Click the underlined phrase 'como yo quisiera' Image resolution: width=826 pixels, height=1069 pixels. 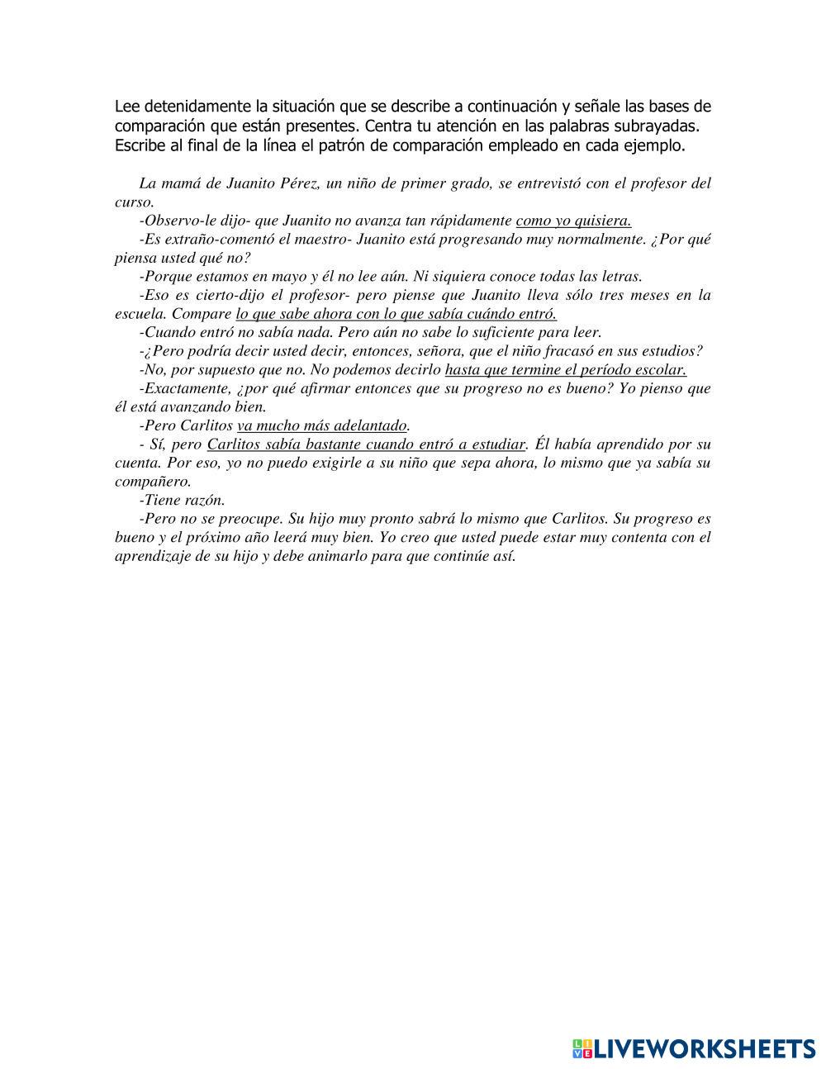click(x=573, y=221)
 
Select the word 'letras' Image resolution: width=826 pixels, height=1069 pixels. click(x=619, y=277)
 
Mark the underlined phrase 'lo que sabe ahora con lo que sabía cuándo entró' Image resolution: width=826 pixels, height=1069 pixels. click(x=396, y=314)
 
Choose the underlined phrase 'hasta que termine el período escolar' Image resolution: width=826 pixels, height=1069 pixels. click(x=565, y=370)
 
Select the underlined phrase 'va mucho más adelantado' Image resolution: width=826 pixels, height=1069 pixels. click(x=322, y=426)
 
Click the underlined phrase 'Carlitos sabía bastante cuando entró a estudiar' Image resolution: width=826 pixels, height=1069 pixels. click(x=366, y=444)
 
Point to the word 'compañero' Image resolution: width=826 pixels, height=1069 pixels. click(x=152, y=482)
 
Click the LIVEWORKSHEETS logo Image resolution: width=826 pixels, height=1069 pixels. click(x=693, y=1048)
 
